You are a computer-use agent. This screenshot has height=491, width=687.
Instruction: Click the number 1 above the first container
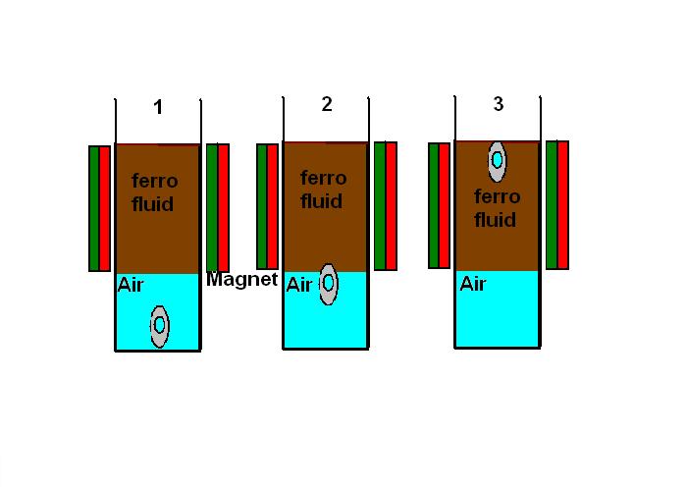pos(158,107)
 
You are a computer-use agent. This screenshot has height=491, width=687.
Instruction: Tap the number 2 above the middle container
pos(327,104)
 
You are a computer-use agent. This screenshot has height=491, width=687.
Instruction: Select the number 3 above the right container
pos(499,104)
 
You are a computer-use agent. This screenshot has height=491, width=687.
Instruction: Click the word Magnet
pos(241,279)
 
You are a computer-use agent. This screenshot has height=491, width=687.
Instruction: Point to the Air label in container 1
pos(131,285)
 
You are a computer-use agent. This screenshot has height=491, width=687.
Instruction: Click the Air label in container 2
pos(298,285)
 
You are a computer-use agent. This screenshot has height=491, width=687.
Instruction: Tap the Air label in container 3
pos(473,284)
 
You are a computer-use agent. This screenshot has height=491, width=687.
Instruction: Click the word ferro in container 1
pos(155,181)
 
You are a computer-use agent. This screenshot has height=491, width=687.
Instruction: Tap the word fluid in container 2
pos(321,201)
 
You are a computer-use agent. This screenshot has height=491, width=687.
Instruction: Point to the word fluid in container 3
pos(495,220)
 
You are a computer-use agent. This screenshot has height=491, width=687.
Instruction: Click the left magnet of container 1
pos(99,208)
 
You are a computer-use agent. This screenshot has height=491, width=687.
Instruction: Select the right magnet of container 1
pos(218,208)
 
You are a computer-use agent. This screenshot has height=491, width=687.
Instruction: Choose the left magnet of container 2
pos(267,206)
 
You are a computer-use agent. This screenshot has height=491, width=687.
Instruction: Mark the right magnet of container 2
pos(386,206)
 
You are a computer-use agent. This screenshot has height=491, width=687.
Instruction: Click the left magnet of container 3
pos(439,205)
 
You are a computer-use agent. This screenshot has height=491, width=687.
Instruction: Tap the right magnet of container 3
pos(557,205)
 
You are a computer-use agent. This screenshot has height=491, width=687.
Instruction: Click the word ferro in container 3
pos(498,196)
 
